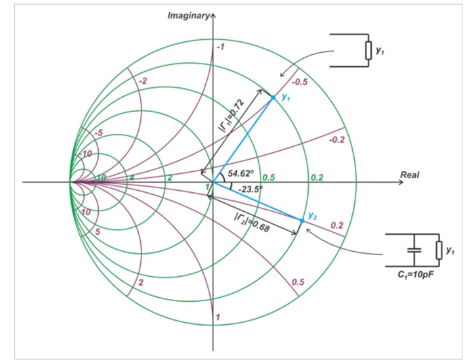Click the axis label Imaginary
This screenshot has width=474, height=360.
pos(188,16)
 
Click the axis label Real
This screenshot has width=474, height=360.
pos(410,175)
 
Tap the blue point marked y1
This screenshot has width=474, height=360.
pos(274,97)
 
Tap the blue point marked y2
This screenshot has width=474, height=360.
pos(302,221)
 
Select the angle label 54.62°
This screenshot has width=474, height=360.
pos(241,173)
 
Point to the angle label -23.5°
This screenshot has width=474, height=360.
pos(251,189)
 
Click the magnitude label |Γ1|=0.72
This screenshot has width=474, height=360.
pos(232,116)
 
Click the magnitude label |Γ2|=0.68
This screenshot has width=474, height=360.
pos(251,223)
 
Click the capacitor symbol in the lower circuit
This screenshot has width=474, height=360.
pos(414,250)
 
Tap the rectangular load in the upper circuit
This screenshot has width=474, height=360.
pos(368,51)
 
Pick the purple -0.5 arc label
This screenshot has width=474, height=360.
pos(299,82)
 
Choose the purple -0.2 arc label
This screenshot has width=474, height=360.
pos(337,139)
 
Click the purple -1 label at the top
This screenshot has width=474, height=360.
pos(220,47)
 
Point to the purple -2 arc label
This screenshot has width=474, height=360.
pos(143,81)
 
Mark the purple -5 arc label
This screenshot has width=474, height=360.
pos(98,133)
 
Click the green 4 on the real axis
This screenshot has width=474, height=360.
pos(132,178)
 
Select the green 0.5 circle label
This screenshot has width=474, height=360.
pos(269,177)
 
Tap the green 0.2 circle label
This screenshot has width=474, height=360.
pos(317,177)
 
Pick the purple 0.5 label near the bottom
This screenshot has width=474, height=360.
pos(298,282)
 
